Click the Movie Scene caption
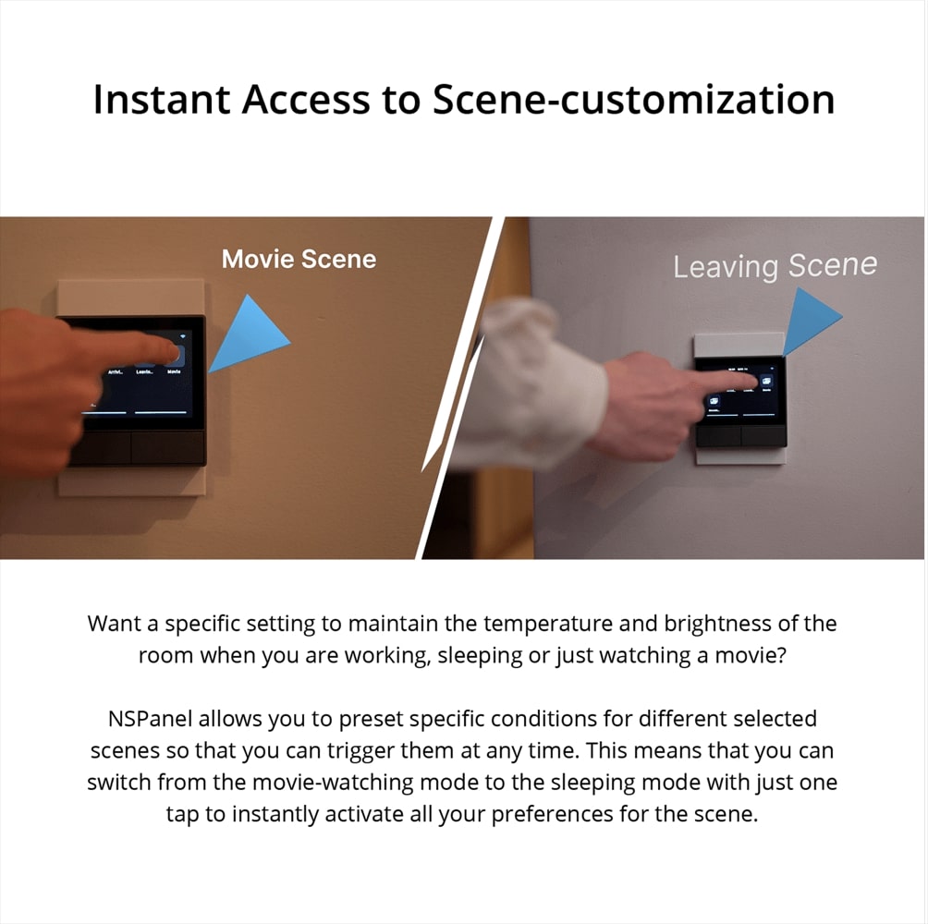pyautogui.click(x=299, y=259)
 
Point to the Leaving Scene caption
pyautogui.click(x=775, y=267)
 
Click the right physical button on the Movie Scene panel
pyautogui.click(x=167, y=448)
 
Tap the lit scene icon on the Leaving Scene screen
pyautogui.click(x=765, y=381)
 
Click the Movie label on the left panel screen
pyautogui.click(x=174, y=371)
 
